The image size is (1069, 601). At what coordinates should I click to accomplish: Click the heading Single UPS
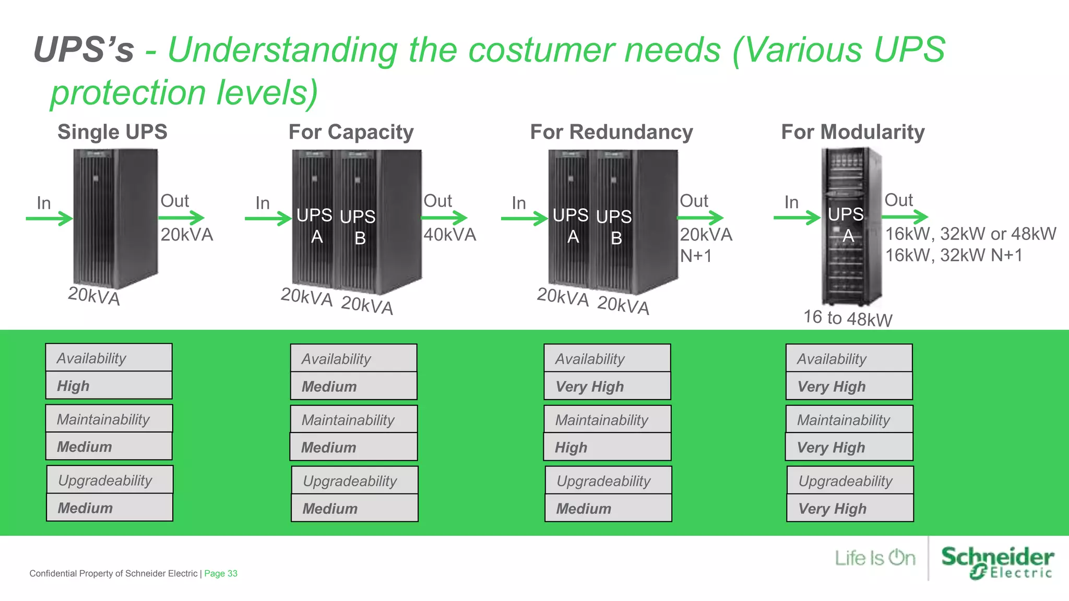(112, 132)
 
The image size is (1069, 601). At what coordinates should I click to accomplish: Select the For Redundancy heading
(611, 132)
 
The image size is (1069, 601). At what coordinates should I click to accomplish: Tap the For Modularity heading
(852, 132)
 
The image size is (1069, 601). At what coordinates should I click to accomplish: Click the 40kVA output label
(449, 235)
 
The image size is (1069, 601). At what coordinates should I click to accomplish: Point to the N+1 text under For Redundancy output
(696, 256)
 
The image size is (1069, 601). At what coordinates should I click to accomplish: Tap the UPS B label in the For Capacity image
(358, 227)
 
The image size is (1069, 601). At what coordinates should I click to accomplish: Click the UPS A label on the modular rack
(846, 224)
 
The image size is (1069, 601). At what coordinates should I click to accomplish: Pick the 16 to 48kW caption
(848, 318)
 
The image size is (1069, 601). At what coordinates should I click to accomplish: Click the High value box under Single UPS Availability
(109, 386)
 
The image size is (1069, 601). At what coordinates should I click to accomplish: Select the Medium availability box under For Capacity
(353, 387)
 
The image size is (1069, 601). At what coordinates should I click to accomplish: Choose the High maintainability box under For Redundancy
(607, 448)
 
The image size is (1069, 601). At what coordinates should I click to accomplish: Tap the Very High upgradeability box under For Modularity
(850, 509)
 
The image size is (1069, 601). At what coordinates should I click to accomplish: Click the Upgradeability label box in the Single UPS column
(110, 480)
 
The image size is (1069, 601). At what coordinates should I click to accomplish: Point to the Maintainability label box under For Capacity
(353, 420)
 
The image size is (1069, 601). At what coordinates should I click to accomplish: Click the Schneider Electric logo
(997, 562)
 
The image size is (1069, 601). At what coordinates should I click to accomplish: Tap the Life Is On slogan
(875, 558)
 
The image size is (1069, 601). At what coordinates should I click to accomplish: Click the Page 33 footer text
(220, 573)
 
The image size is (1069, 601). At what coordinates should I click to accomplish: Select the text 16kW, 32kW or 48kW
(970, 234)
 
